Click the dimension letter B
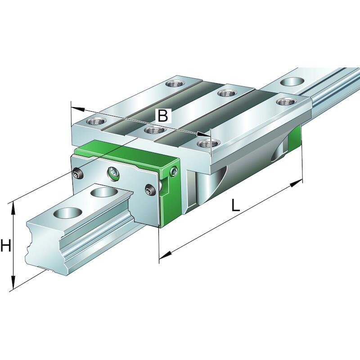click(x=163, y=115)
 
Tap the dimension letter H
click(x=5, y=245)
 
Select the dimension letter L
click(x=235, y=205)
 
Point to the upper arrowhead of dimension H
click(x=13, y=208)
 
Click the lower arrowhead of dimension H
click(x=13, y=283)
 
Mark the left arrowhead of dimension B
click(x=77, y=109)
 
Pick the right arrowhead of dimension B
click(x=204, y=135)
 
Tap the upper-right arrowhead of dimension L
click(x=296, y=183)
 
